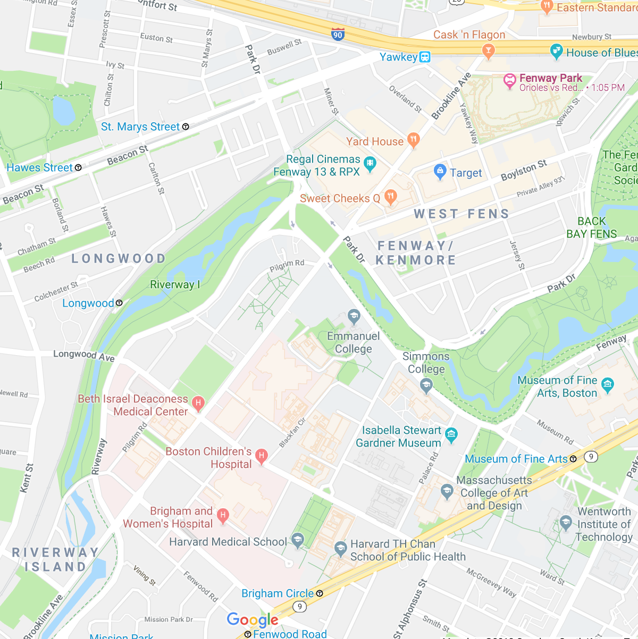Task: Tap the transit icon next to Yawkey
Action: click(x=425, y=57)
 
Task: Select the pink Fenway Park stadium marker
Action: click(x=509, y=81)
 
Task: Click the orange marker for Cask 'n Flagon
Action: click(x=488, y=51)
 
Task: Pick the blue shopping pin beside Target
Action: click(x=440, y=171)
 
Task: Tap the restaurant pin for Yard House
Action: click(x=413, y=140)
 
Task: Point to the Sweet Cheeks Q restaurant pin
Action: click(x=391, y=197)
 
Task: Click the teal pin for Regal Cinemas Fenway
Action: click(x=370, y=163)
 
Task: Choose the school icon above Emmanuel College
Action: click(x=354, y=317)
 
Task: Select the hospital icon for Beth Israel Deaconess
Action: click(x=198, y=403)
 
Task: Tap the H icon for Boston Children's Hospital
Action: click(x=261, y=456)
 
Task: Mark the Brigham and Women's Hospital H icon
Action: click(x=223, y=515)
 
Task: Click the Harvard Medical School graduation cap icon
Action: click(x=298, y=541)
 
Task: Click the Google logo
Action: click(x=253, y=620)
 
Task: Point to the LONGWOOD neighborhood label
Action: click(x=119, y=259)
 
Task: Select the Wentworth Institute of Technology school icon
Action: click(x=566, y=522)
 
